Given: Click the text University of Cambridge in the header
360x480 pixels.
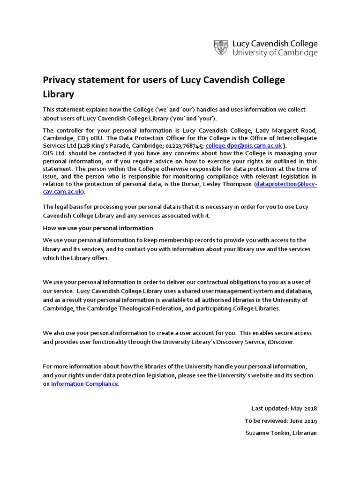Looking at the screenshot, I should click(275, 53).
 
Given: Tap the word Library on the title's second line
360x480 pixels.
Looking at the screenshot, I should click(59, 94).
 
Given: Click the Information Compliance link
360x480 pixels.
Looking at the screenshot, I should click(84, 384).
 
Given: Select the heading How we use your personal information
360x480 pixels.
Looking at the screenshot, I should click(98, 228).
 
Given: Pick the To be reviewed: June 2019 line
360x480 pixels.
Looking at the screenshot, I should click(281, 421).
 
